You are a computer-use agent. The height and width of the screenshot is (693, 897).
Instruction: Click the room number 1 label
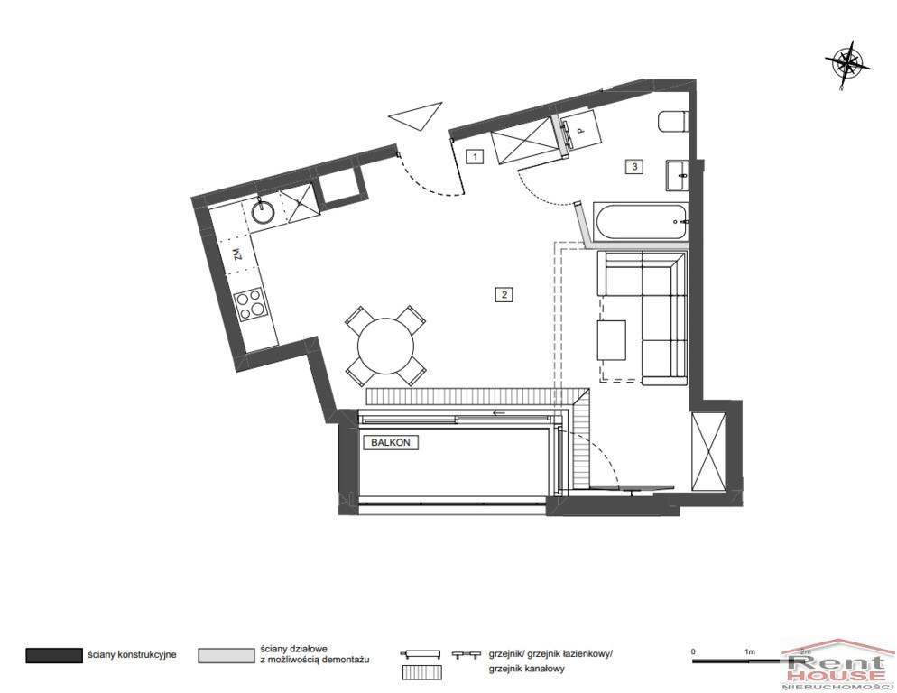(475, 155)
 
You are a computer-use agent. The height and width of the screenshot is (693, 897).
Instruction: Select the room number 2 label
(504, 295)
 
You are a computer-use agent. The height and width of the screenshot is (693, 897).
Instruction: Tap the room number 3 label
(633, 167)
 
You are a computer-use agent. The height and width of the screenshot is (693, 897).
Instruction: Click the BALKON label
(391, 442)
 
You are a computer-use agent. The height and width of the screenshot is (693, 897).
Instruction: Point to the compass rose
(847, 63)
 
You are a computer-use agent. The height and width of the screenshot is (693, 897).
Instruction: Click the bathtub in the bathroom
(640, 222)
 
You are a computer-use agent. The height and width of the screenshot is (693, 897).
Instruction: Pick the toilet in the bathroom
(672, 122)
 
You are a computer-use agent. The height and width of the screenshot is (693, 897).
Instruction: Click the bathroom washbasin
(678, 174)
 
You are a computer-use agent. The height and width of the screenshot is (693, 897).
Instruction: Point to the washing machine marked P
(580, 130)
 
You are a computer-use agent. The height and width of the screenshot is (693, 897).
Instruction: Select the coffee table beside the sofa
(612, 340)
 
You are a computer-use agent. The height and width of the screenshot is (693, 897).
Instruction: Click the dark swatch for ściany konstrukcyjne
(54, 655)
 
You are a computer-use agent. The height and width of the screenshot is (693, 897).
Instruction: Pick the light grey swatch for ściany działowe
(227, 655)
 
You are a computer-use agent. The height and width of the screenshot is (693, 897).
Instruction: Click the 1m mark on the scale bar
(749, 651)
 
